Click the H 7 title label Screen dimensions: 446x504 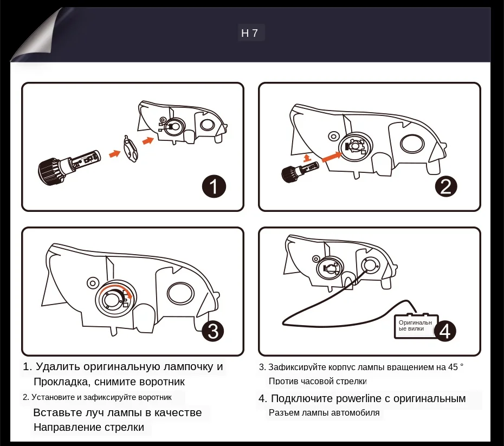tap(249, 33)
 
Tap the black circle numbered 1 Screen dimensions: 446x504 tap(214, 188)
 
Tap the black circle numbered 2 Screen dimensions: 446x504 tap(445, 186)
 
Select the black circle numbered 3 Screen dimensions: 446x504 tap(213, 331)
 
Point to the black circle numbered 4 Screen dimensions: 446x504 tap(445, 331)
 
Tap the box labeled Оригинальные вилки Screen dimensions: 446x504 tap(415, 326)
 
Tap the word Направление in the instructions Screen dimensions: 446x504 tap(66, 427)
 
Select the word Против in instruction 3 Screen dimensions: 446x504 tap(283, 381)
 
